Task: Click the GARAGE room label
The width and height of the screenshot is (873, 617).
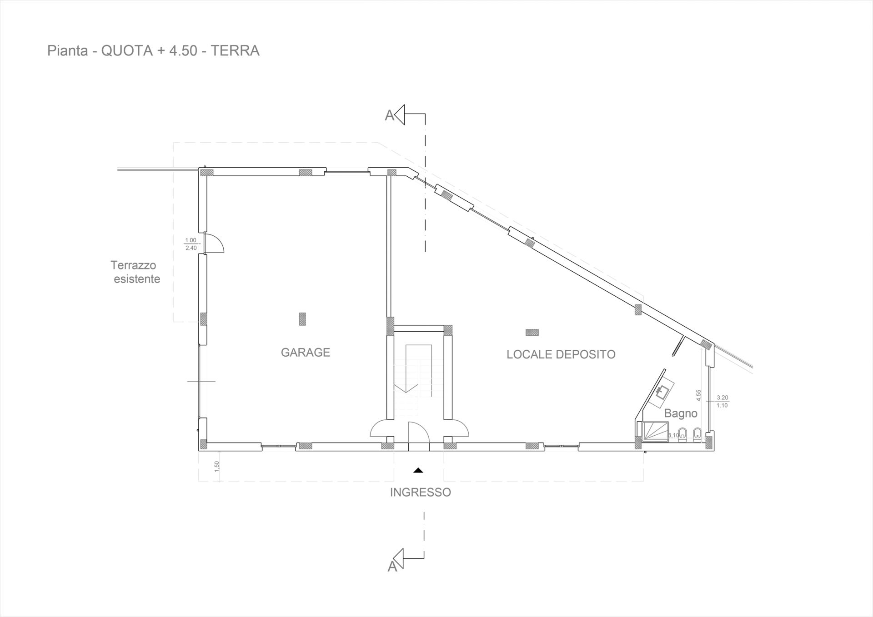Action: pos(305,353)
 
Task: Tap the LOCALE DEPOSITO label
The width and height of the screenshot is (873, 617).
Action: pos(561,354)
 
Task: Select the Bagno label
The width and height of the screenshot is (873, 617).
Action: pos(680,413)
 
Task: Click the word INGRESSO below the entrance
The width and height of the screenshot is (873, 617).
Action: pos(420,492)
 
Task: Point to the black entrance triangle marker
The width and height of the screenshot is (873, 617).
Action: pos(418,471)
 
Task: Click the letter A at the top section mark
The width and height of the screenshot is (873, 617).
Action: pos(389,116)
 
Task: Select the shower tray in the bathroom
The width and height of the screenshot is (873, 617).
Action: pos(654,430)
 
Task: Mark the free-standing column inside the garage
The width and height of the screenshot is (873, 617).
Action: pos(302,319)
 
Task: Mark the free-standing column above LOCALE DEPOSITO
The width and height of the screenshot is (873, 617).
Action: pos(532,333)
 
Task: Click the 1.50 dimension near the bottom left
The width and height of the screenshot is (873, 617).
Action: pos(217,466)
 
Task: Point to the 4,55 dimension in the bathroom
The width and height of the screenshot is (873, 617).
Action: pos(699,395)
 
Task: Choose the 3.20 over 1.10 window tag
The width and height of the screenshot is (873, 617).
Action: pos(722,402)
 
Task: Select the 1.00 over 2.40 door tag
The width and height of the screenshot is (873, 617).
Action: pos(191,244)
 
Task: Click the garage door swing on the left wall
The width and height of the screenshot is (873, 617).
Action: pos(214,244)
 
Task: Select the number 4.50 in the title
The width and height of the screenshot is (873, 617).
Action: pos(183,50)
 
